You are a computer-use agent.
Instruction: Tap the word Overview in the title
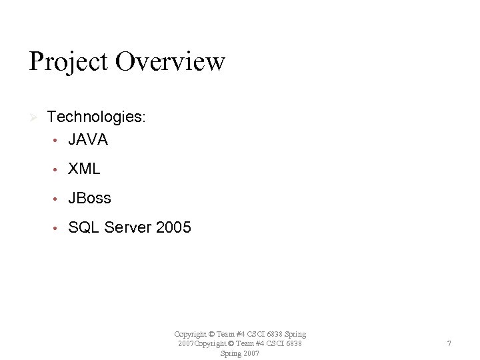click(170, 61)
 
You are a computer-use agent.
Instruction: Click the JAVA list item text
click(87, 140)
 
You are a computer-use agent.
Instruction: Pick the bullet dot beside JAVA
click(58, 141)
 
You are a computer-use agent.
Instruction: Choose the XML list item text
click(84, 169)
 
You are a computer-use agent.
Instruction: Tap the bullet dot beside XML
click(58, 170)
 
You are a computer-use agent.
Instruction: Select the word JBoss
click(89, 199)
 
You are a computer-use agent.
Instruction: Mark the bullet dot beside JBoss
click(58, 199)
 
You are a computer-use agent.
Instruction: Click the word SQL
click(82, 228)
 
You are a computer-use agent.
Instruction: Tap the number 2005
click(173, 228)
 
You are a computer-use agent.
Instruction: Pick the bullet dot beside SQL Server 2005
click(58, 229)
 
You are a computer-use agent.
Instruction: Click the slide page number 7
click(449, 343)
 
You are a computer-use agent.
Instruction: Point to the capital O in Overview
click(126, 62)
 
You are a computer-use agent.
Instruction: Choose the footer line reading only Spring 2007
click(240, 353)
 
